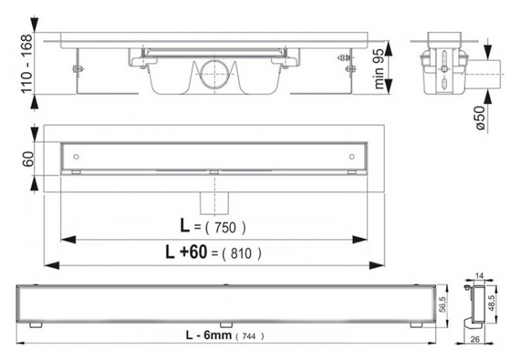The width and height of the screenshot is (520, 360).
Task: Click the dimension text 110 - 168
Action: click(27, 63)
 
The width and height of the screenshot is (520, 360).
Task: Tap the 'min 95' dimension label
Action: click(379, 69)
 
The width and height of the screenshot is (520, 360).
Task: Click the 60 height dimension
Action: click(28, 159)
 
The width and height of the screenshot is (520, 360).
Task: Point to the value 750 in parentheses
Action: click(225, 228)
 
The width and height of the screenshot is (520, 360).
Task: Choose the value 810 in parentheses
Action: click(241, 254)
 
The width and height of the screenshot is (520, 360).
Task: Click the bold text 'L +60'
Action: click(187, 252)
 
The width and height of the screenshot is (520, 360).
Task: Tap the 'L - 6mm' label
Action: click(208, 335)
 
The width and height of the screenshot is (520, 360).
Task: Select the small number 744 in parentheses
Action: click(249, 336)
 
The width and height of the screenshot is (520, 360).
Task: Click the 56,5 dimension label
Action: click(443, 305)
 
